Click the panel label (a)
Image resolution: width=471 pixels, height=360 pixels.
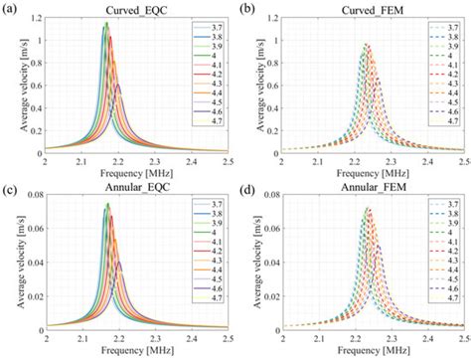[11, 9]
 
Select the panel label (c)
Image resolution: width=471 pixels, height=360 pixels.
[11, 188]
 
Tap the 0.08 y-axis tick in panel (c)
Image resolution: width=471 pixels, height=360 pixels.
[34, 198]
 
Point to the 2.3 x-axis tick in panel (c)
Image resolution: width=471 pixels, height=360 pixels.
[154, 338]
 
